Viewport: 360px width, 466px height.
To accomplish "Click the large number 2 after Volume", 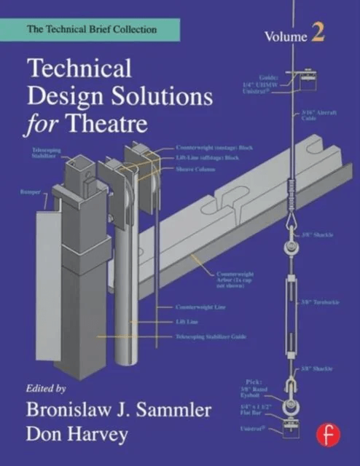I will click(319, 33).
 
